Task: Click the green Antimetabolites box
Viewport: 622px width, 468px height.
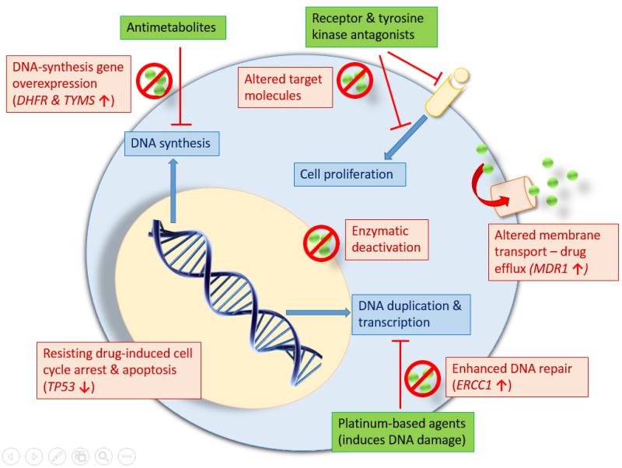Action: [173, 27]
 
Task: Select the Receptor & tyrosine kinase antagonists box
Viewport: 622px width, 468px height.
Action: [372, 26]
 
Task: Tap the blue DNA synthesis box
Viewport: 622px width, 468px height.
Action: [172, 143]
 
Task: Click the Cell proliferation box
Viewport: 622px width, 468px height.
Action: [350, 174]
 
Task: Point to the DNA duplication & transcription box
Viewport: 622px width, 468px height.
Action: [411, 314]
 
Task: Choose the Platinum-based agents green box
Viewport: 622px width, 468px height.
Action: [403, 432]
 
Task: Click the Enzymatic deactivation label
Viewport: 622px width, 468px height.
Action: [386, 239]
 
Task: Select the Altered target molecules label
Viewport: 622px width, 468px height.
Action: [285, 87]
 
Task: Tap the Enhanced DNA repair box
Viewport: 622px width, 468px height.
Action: [517, 377]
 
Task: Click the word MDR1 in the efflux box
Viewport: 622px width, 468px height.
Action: [550, 268]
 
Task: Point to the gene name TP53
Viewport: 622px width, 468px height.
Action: [61, 386]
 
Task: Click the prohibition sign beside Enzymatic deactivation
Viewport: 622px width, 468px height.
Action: [321, 243]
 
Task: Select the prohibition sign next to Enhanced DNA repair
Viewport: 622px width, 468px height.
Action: [422, 379]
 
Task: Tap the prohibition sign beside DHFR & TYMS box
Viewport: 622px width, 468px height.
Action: [154, 81]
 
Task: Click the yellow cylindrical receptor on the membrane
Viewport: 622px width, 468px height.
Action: [447, 92]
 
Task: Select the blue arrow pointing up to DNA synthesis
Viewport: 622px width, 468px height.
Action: [173, 190]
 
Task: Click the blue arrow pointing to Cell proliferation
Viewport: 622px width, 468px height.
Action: [405, 138]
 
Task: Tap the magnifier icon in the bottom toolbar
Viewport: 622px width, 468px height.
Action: [103, 456]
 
